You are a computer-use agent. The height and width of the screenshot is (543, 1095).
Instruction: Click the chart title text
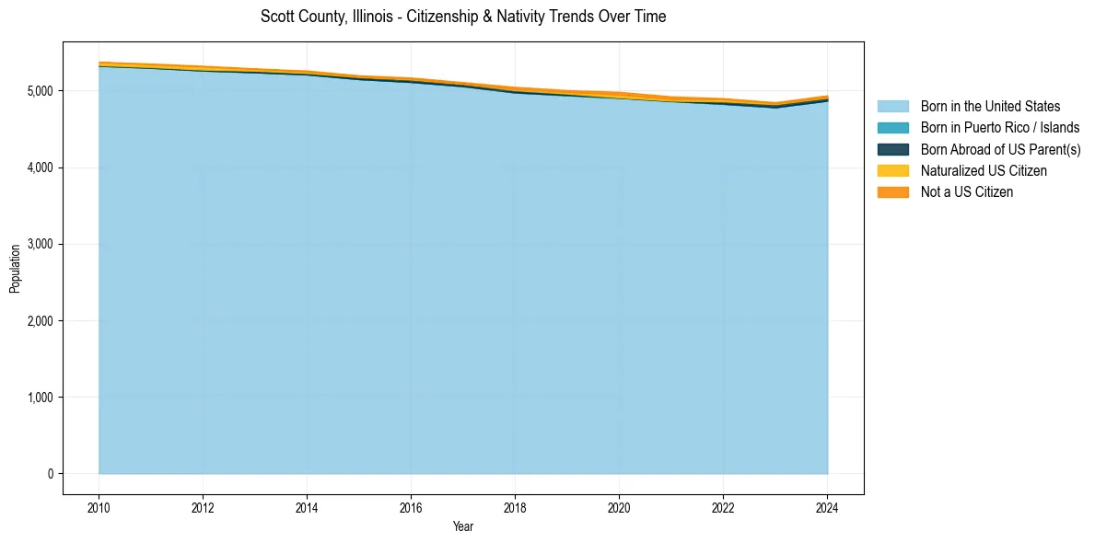coord(463,17)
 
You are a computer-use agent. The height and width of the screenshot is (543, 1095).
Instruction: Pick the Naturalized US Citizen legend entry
coord(984,170)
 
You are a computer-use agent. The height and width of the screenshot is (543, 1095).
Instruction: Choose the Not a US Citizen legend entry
coord(966,191)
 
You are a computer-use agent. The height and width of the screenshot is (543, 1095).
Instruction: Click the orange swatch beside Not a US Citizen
coord(892,191)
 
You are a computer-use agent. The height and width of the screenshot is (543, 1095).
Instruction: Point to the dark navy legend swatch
coord(892,149)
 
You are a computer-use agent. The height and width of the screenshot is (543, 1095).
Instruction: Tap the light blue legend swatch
coord(892,107)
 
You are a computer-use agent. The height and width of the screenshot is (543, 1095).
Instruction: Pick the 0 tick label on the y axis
coord(50,474)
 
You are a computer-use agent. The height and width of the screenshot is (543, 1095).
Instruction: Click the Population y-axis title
coord(15,268)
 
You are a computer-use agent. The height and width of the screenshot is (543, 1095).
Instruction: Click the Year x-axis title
coord(463,526)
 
